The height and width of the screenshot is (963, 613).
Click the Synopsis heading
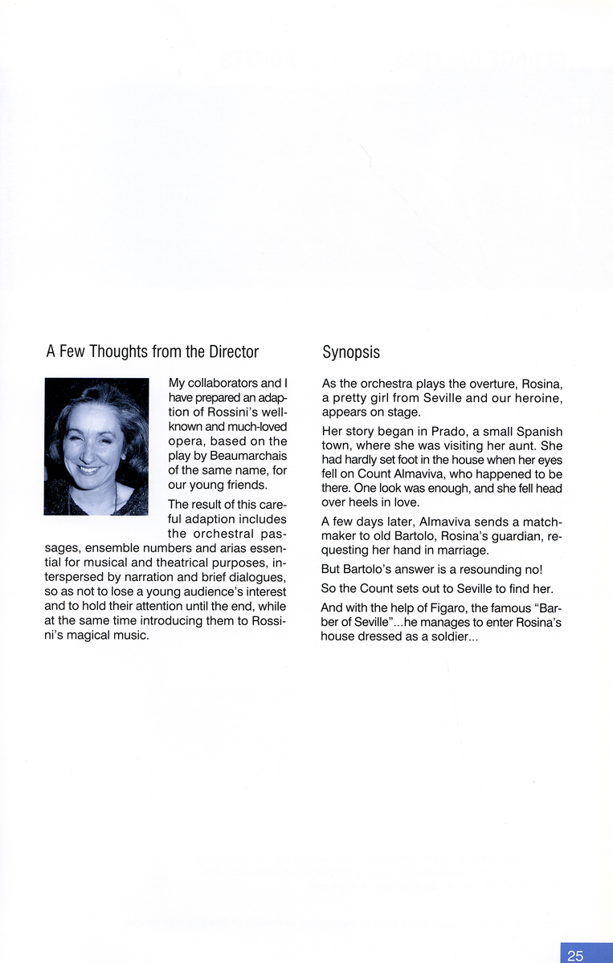[351, 352]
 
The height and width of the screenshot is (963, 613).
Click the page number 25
[575, 955]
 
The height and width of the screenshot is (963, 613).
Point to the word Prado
[439, 432]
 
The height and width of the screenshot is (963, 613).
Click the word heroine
[537, 398]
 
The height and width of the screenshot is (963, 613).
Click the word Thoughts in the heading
[119, 352]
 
